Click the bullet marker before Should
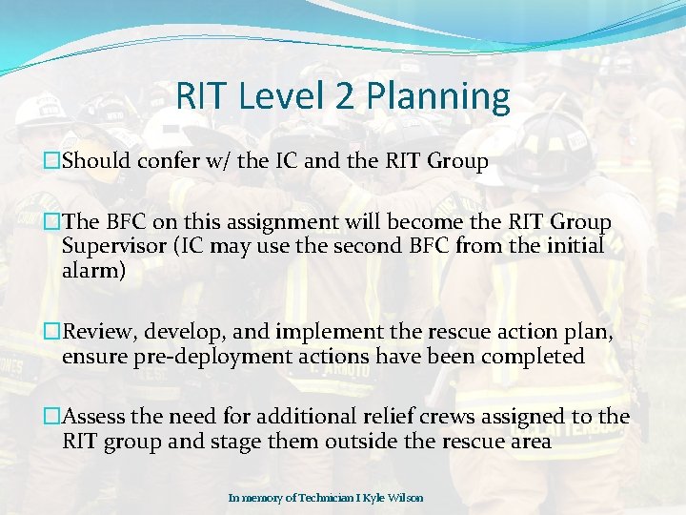click(52, 161)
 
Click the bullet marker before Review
click(52, 333)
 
